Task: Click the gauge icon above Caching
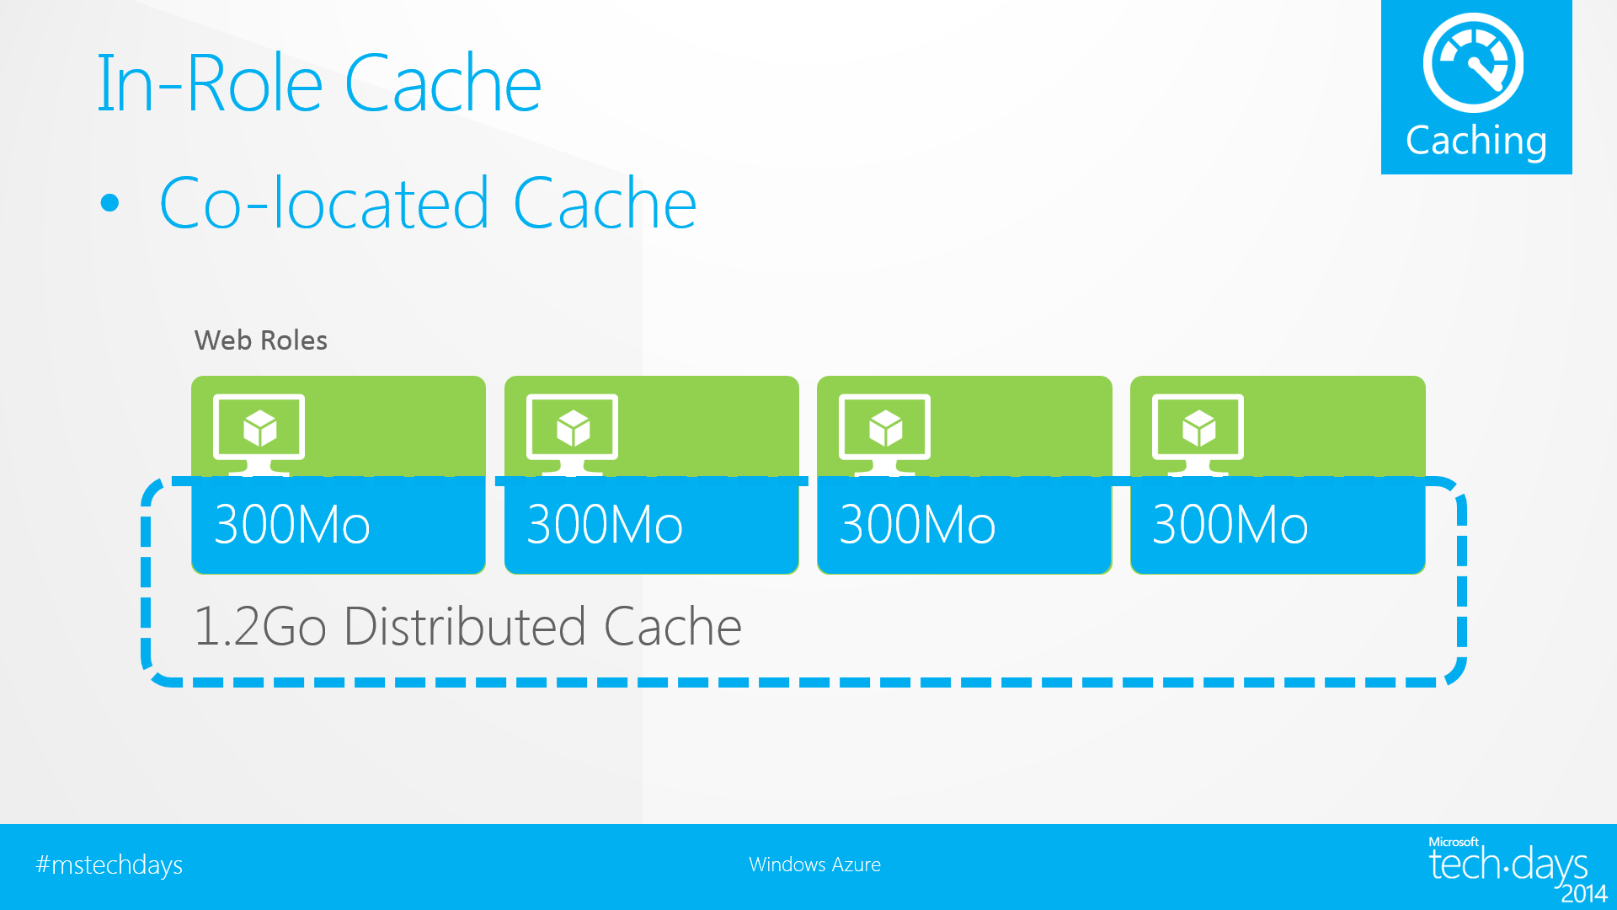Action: (x=1474, y=63)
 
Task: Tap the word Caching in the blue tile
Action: (x=1476, y=141)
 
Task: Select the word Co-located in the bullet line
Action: (x=324, y=204)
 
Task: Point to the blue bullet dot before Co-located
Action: (x=109, y=203)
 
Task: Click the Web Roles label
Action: (x=260, y=340)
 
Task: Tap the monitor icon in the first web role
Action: (x=259, y=431)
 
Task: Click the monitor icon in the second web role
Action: (x=573, y=431)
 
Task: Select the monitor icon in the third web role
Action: (x=885, y=431)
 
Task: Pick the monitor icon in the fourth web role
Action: (x=1198, y=431)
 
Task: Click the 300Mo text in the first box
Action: (x=292, y=525)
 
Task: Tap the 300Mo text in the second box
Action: (x=605, y=525)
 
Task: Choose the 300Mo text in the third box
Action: (x=918, y=525)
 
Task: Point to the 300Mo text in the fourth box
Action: (x=1230, y=525)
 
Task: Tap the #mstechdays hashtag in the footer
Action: (x=109, y=865)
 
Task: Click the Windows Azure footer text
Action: (x=814, y=864)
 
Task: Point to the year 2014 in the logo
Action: (x=1584, y=893)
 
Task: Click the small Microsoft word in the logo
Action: (x=1453, y=842)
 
